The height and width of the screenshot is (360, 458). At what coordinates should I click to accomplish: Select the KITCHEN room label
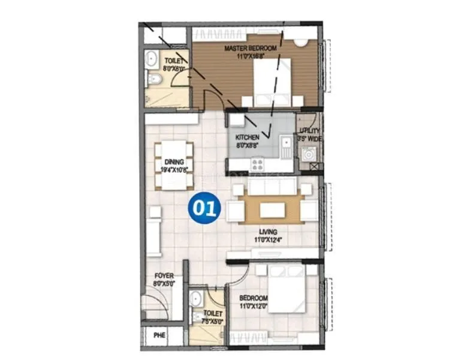click(x=247, y=137)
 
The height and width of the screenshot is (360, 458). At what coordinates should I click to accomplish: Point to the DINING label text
click(x=174, y=161)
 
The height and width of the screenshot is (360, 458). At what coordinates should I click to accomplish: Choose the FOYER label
click(x=163, y=276)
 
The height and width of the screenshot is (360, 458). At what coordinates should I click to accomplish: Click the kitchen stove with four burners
click(x=258, y=164)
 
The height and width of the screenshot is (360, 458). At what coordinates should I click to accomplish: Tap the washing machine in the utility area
click(x=310, y=154)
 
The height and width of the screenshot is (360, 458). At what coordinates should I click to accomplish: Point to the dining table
click(x=174, y=165)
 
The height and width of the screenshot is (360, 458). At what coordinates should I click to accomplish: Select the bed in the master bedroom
click(x=273, y=83)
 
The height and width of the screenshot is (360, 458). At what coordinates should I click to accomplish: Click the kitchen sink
click(x=286, y=144)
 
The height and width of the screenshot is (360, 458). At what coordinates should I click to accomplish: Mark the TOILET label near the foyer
click(x=213, y=313)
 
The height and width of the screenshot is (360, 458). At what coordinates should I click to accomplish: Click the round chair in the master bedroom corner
click(x=300, y=42)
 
